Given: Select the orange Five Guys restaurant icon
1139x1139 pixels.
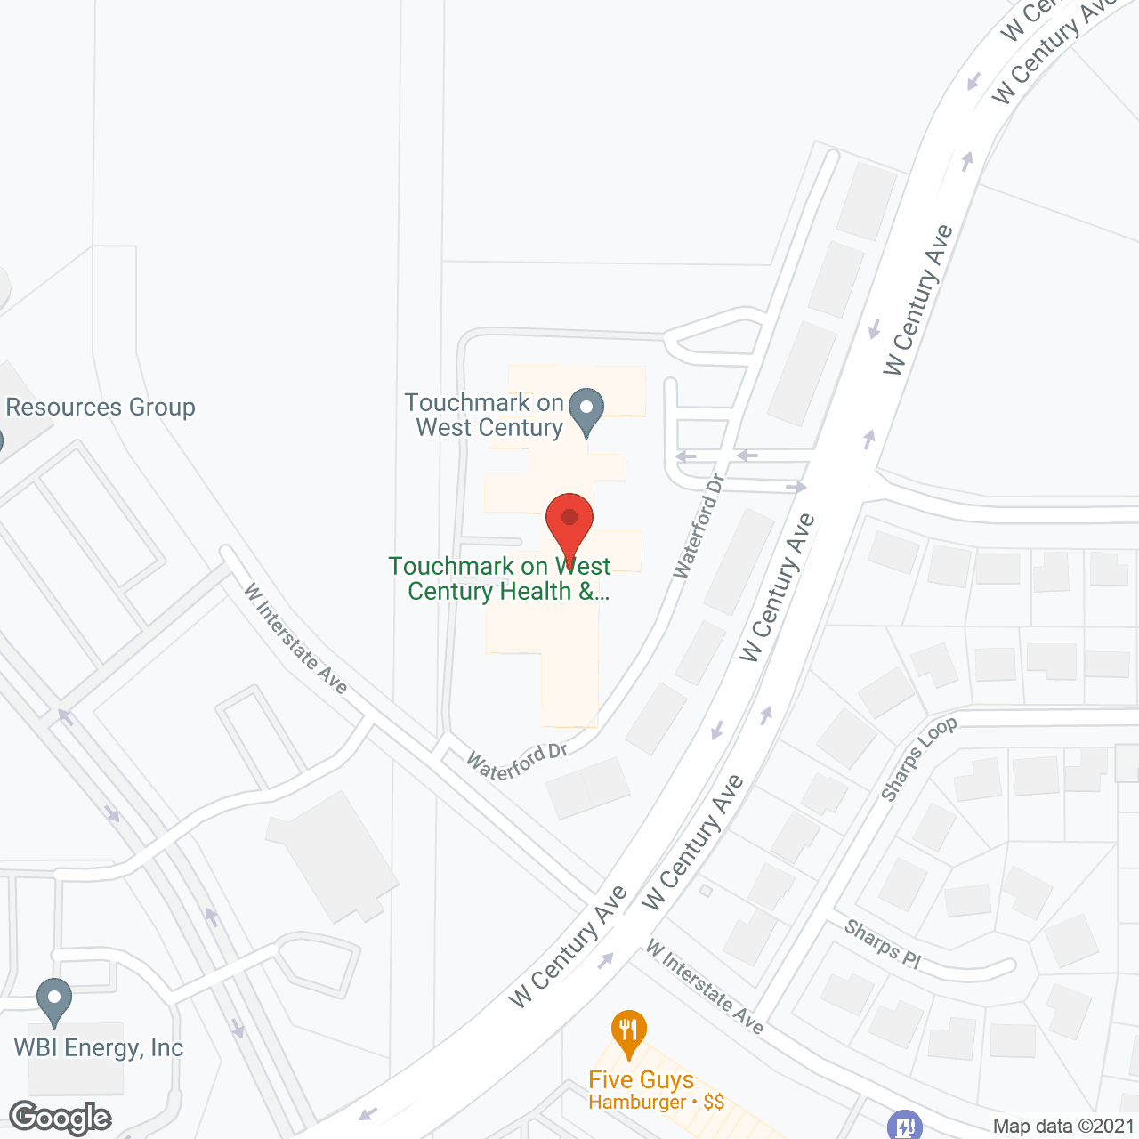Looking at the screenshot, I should (628, 1032).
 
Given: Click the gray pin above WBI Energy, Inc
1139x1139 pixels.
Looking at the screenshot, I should (54, 1000).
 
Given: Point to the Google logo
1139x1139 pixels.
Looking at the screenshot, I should (60, 1118).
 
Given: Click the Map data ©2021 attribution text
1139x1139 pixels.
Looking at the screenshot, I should (1064, 1127).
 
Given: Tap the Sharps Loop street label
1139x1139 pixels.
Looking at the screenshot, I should (918, 758).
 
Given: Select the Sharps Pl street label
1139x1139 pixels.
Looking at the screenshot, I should (883, 944).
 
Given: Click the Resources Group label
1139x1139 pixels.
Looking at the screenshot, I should (101, 408).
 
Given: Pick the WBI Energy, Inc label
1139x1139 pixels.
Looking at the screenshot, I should (99, 1048).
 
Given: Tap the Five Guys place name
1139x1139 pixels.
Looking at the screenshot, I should (641, 1080).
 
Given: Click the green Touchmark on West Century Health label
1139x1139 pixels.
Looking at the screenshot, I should (500, 578).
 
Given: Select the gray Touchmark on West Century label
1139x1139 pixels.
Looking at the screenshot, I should (485, 415).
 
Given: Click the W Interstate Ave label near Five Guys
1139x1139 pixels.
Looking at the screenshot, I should (705, 987).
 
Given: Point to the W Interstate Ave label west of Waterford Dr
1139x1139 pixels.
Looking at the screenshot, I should (295, 637).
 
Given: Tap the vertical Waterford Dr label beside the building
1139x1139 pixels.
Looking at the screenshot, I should (699, 526).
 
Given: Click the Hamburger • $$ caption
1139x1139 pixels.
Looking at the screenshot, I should (656, 1103).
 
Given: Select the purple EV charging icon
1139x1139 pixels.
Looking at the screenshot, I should (904, 1125).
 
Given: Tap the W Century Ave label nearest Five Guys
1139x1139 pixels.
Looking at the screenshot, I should (569, 947).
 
